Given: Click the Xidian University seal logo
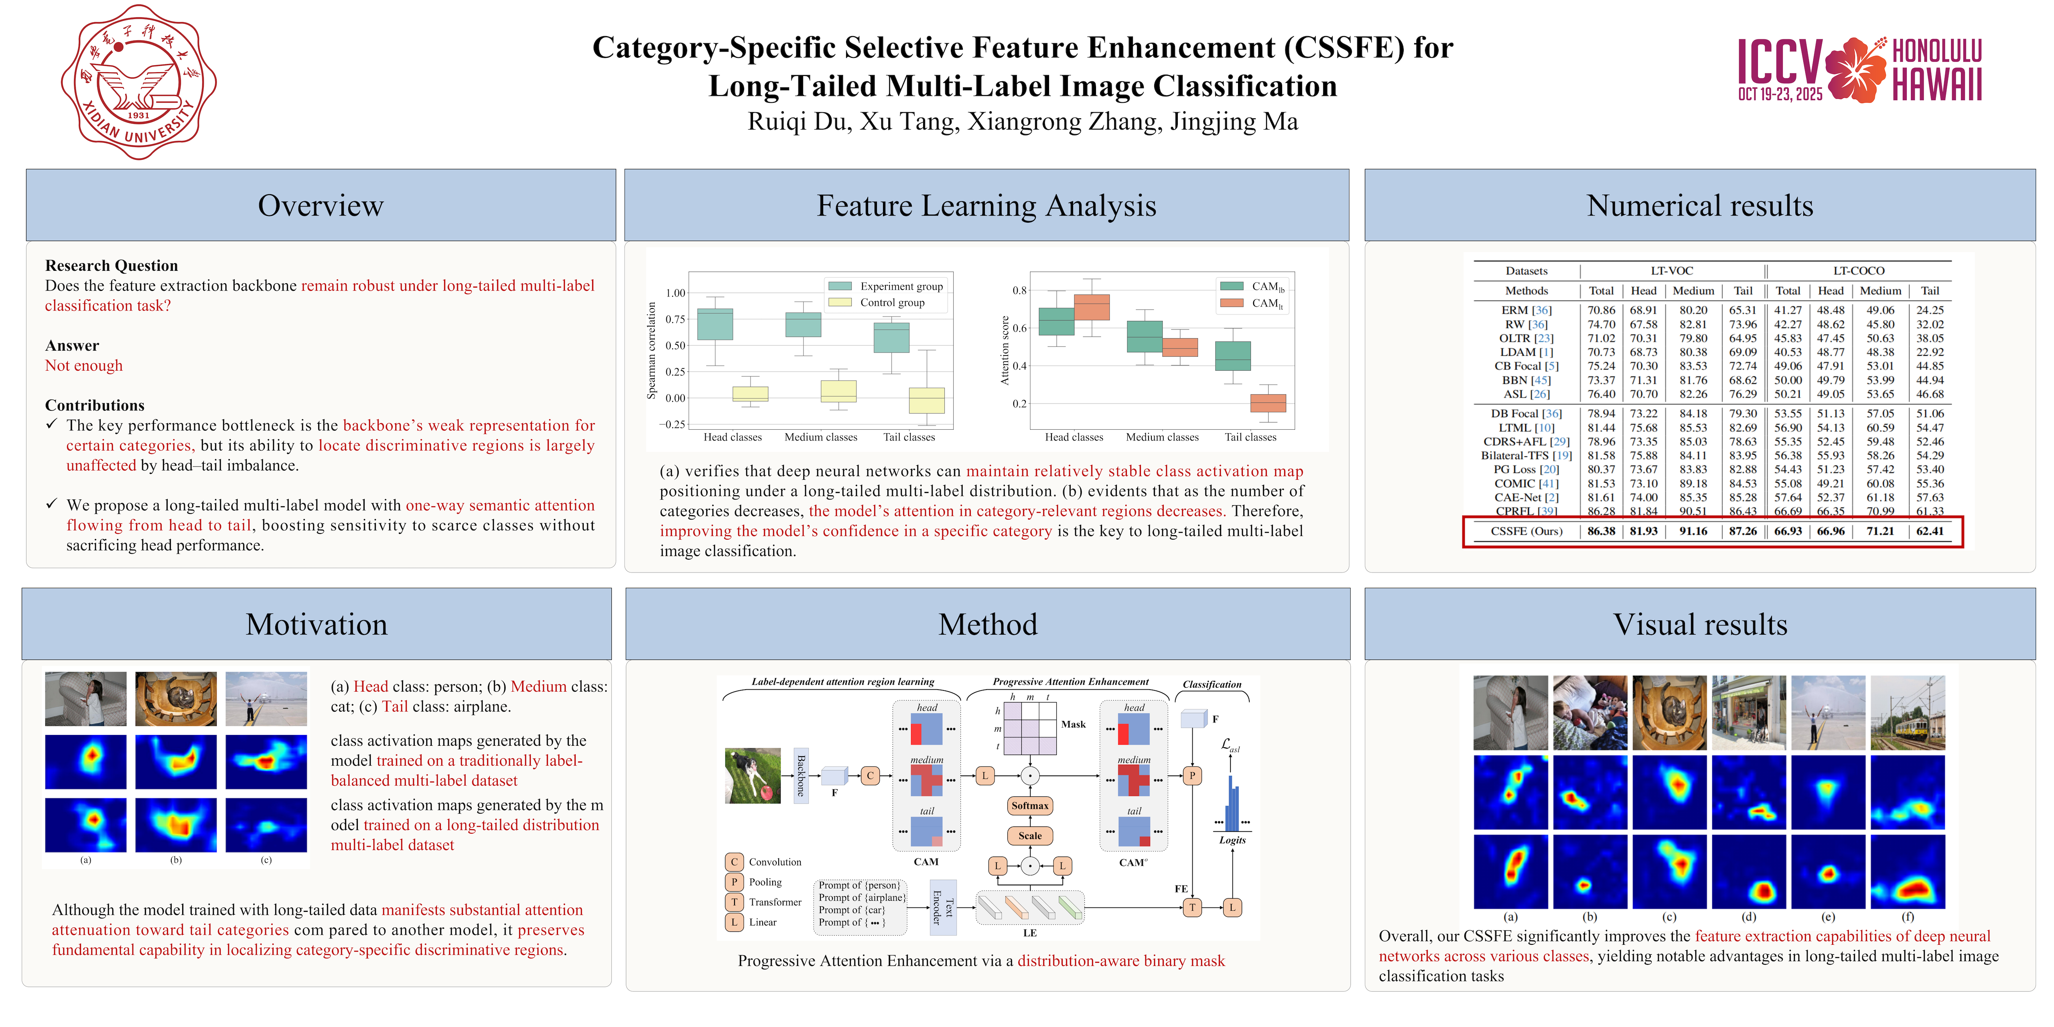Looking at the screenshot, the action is [139, 82].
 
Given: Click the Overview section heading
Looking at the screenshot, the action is [321, 206].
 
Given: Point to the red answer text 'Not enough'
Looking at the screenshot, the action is [84, 365].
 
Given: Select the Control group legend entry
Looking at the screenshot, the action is [876, 302].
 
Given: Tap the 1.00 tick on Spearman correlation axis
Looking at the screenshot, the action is [675, 292].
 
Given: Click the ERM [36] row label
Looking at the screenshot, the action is [1526, 310].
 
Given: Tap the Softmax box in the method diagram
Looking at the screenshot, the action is [1029, 805].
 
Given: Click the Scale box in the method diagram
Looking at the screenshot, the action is [1029, 836].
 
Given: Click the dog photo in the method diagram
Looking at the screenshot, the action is [753, 775].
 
